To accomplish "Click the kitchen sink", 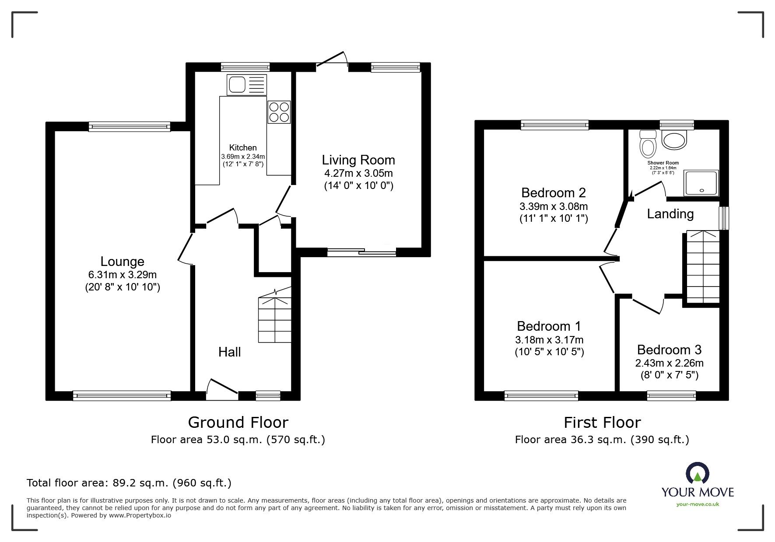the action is (246, 85).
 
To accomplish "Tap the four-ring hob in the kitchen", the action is (279, 112).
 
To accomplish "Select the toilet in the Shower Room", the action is (648, 143).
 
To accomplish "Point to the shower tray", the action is (701, 182).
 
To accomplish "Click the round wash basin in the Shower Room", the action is (675, 139).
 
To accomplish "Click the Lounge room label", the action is (123, 261).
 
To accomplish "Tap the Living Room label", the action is (358, 160).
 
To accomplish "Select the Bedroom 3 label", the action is (669, 350).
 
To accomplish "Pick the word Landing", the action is (670, 213).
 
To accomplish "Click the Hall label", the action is (230, 352).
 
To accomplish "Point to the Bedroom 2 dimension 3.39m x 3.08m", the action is (554, 206).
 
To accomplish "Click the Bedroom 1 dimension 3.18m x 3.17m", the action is (549, 339).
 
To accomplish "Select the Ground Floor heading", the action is (238, 422).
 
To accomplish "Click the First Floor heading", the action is (602, 422).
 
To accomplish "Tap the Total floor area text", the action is (129, 483).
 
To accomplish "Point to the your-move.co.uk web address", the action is (698, 504).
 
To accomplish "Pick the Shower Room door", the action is (648, 190).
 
